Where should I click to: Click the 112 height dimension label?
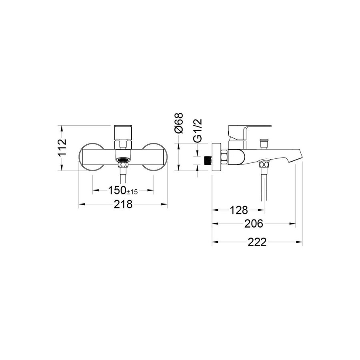[x=62, y=148]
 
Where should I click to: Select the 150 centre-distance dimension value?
[x=117, y=190]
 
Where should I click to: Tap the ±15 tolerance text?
[x=132, y=192]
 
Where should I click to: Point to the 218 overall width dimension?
[x=123, y=204]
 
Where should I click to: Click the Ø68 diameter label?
[x=179, y=123]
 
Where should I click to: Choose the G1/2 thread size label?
[x=197, y=130]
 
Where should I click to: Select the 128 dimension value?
[x=239, y=210]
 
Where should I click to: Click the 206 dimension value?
[x=254, y=224]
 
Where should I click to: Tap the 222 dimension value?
[x=257, y=242]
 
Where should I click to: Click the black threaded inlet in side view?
[x=208, y=160]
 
